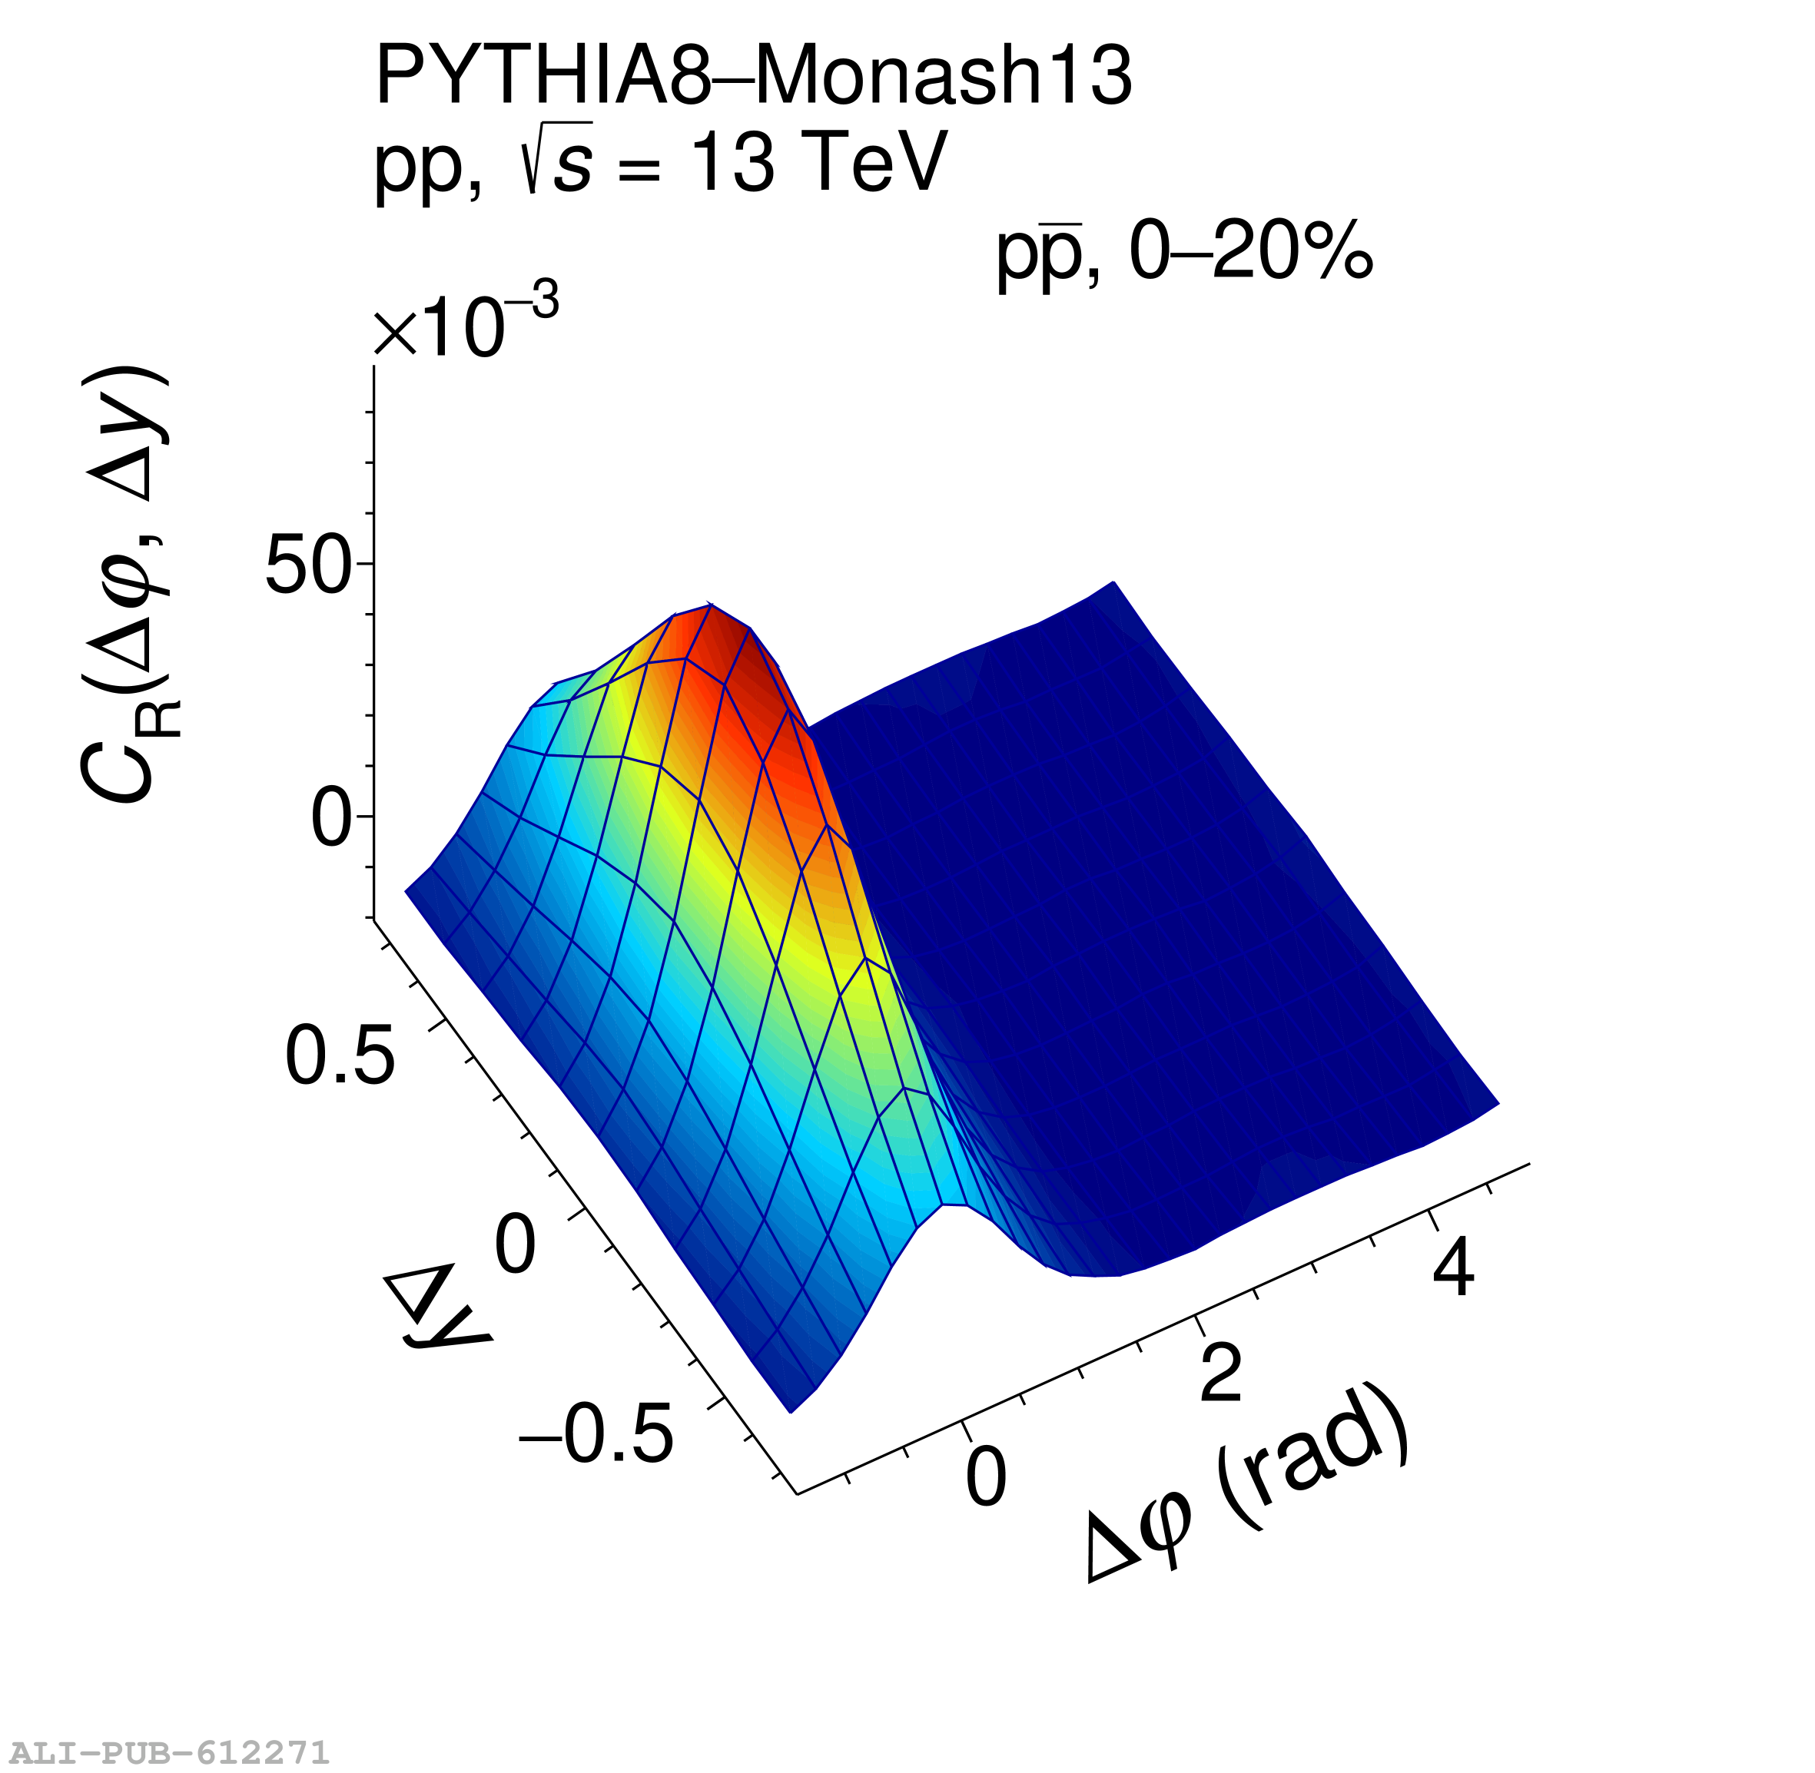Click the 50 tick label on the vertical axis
(x=308, y=565)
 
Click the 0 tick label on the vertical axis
(x=330, y=820)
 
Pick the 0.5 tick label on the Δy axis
(x=340, y=1057)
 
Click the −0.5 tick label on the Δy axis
(x=596, y=1435)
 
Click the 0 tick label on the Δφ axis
(x=986, y=1478)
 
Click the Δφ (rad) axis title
(x=1248, y=1490)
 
